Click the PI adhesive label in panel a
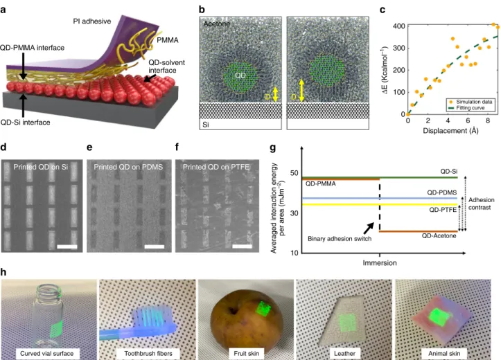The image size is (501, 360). [x=92, y=21]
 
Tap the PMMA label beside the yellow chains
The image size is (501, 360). [x=168, y=40]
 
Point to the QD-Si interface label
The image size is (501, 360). [x=25, y=123]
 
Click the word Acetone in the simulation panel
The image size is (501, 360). [x=217, y=24]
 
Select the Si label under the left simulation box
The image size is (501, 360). [x=206, y=125]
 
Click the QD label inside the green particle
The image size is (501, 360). [x=240, y=75]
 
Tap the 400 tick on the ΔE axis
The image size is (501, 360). [x=399, y=26]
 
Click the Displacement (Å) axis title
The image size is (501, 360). [x=450, y=131]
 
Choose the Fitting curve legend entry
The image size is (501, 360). [x=471, y=108]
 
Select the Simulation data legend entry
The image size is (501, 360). [x=471, y=102]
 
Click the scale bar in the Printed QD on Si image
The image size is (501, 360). [x=67, y=246]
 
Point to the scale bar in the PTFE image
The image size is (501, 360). [x=243, y=246]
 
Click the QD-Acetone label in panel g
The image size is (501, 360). [x=439, y=236]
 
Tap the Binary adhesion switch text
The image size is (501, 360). [x=340, y=239]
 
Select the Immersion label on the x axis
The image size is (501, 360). [x=380, y=263]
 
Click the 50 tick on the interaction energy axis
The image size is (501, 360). [x=294, y=173]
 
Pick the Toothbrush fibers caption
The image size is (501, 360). [x=148, y=354]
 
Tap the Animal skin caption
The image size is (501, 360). [x=444, y=354]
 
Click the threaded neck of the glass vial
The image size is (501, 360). [x=48, y=291]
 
